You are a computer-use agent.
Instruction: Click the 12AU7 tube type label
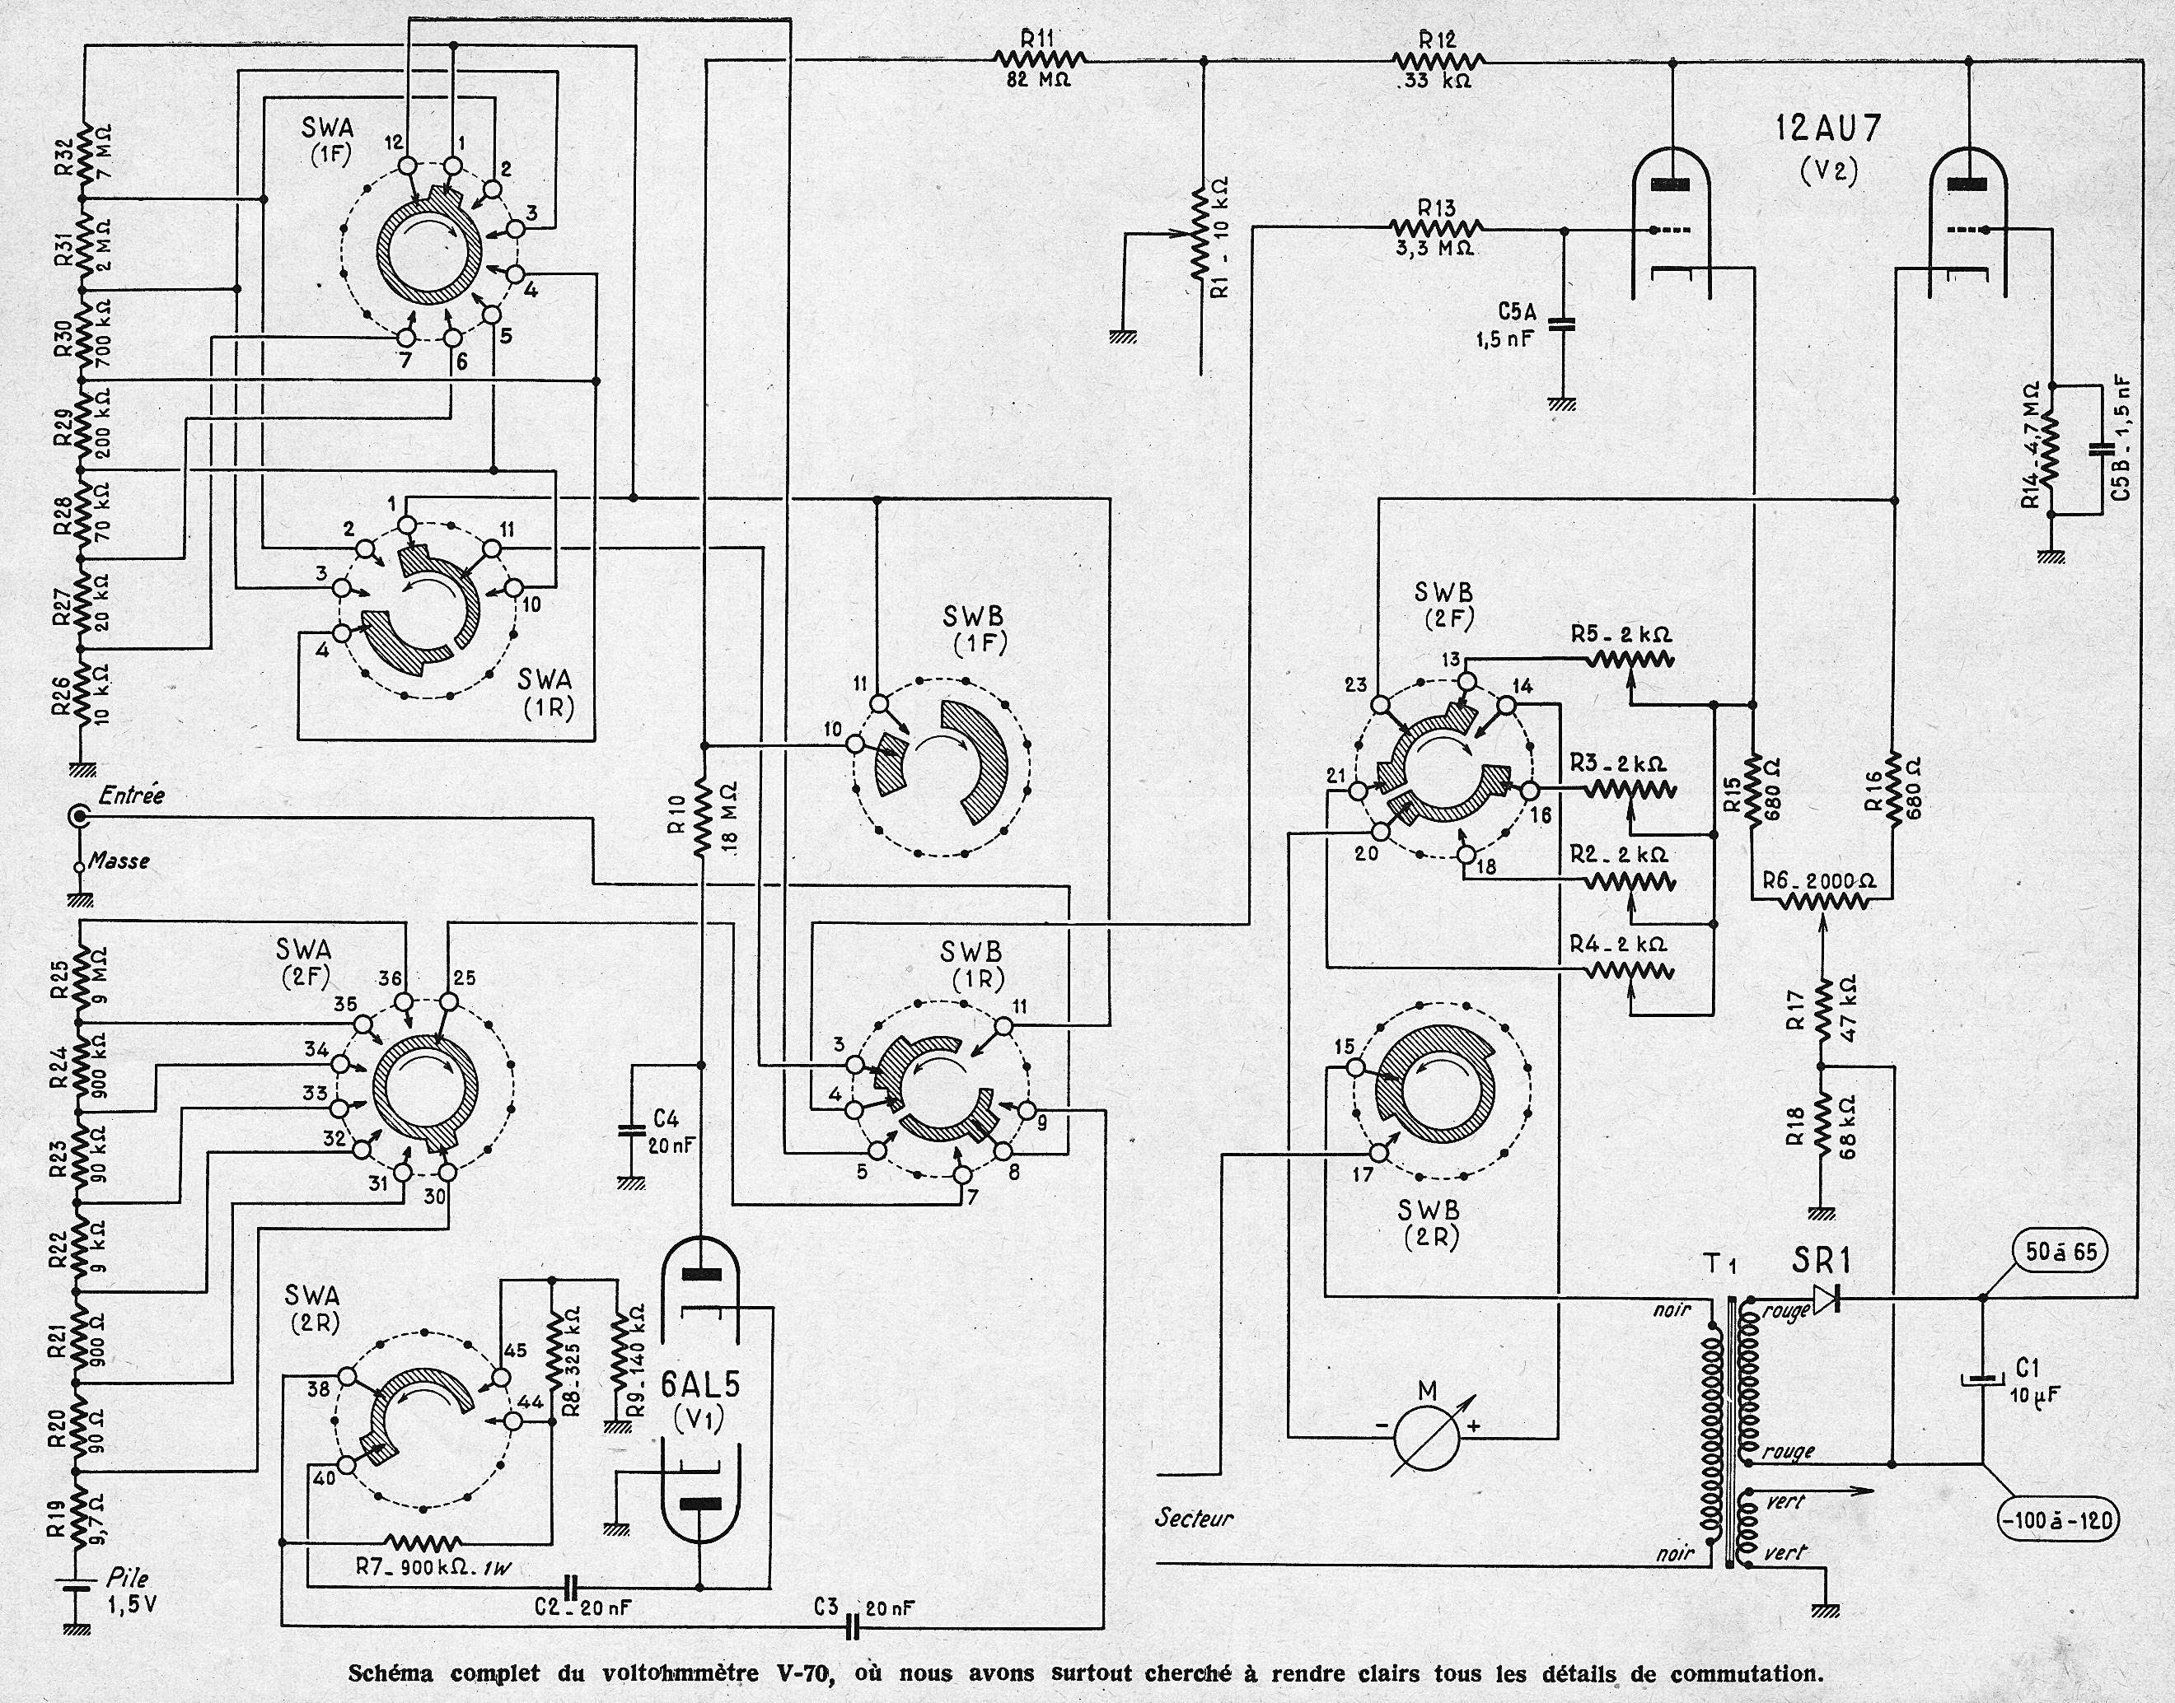[x=1827, y=131]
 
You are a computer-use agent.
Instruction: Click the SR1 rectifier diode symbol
[x=1826, y=1298]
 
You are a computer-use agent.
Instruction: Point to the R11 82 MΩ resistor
[x=1037, y=61]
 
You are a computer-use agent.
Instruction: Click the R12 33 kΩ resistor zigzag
[x=1436, y=61]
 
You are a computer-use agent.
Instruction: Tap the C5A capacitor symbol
[x=1562, y=323]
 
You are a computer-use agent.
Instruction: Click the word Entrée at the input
[x=133, y=796]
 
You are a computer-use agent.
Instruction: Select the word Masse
[x=119, y=860]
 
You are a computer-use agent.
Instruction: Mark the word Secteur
[x=1194, y=1519]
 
